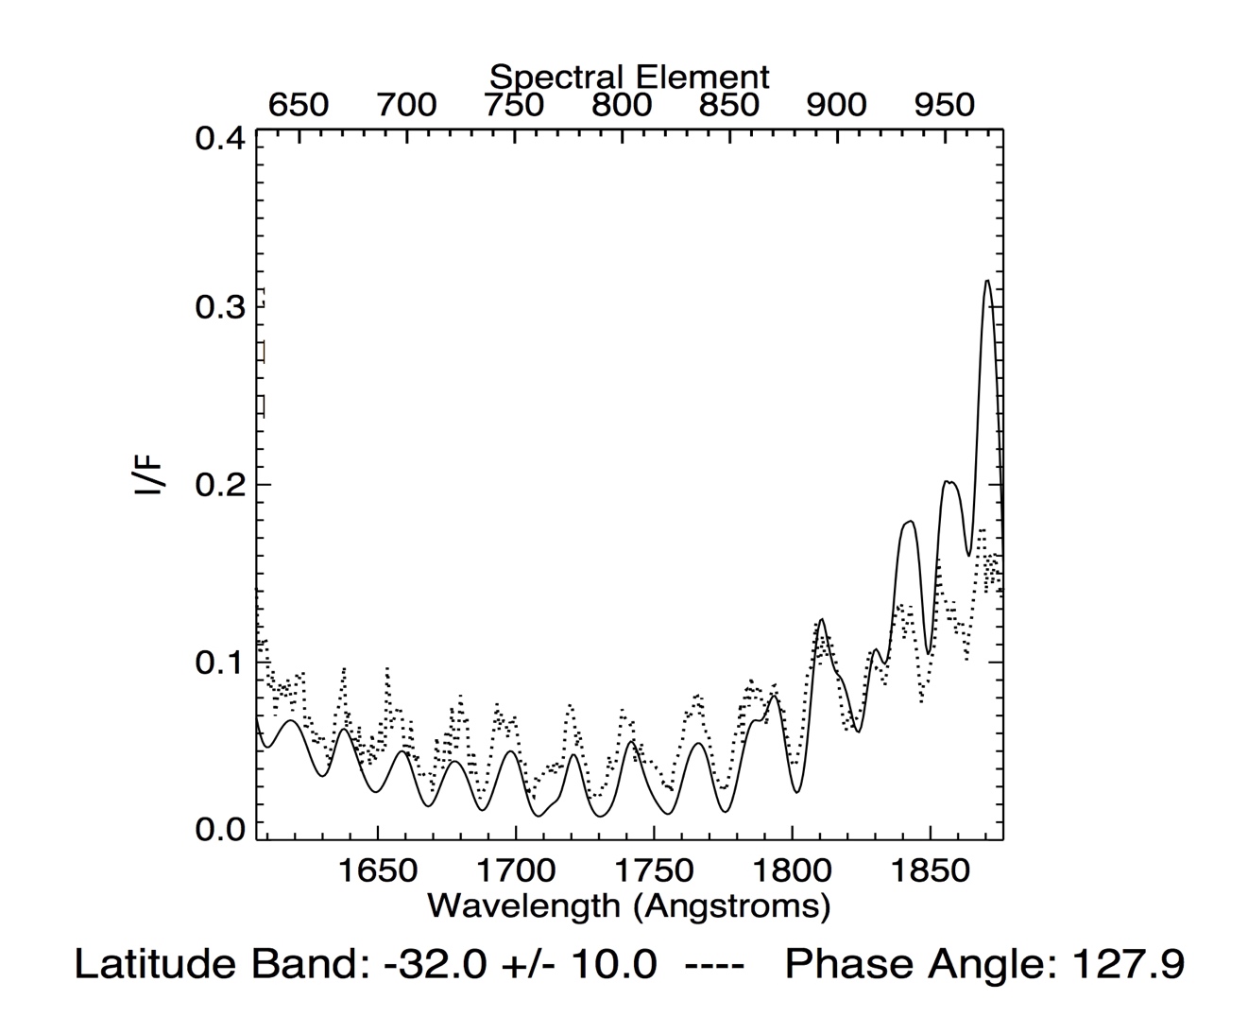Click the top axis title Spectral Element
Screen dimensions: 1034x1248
coord(629,77)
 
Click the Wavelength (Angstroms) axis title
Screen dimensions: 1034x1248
coord(629,905)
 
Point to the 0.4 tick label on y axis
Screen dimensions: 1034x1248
coord(220,139)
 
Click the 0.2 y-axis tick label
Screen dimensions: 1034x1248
coord(220,485)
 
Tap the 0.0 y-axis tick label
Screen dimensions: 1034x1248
coord(220,829)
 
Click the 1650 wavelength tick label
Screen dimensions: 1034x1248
coord(377,870)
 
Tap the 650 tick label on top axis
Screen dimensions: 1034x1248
coord(299,105)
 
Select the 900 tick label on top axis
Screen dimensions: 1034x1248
coord(836,105)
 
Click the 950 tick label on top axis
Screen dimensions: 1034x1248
coord(944,105)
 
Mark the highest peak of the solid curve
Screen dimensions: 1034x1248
coord(987,281)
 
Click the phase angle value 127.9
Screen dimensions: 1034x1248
coord(1126,965)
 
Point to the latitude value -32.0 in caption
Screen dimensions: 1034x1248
coord(436,965)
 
